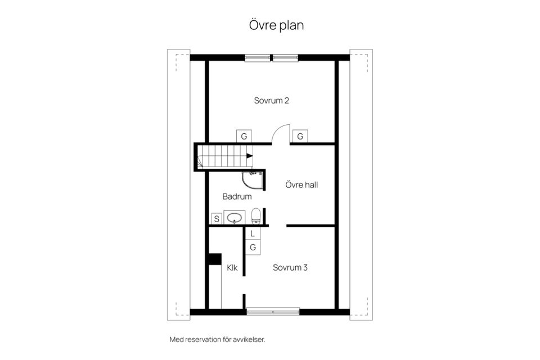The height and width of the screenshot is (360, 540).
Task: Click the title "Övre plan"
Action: (276, 25)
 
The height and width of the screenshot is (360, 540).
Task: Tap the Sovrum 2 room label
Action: (271, 101)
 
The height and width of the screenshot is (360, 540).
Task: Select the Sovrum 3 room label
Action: (290, 268)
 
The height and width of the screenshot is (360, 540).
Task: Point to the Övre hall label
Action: (301, 185)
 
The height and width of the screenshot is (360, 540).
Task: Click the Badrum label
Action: (237, 197)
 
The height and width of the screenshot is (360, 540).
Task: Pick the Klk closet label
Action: (232, 268)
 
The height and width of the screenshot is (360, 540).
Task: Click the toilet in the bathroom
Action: (256, 216)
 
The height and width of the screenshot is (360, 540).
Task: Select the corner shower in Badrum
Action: (253, 181)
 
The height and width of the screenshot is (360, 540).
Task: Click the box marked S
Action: (217, 218)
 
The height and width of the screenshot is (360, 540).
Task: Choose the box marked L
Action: (253, 233)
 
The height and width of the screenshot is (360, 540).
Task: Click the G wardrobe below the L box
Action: (253, 247)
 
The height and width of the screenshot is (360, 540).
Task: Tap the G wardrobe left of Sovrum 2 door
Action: (244, 137)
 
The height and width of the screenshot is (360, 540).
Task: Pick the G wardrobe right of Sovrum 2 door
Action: (300, 137)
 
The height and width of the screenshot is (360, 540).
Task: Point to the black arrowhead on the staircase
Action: (250, 156)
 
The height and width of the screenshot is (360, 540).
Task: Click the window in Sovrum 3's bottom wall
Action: (273, 312)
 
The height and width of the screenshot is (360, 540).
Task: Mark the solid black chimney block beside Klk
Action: (215, 259)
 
